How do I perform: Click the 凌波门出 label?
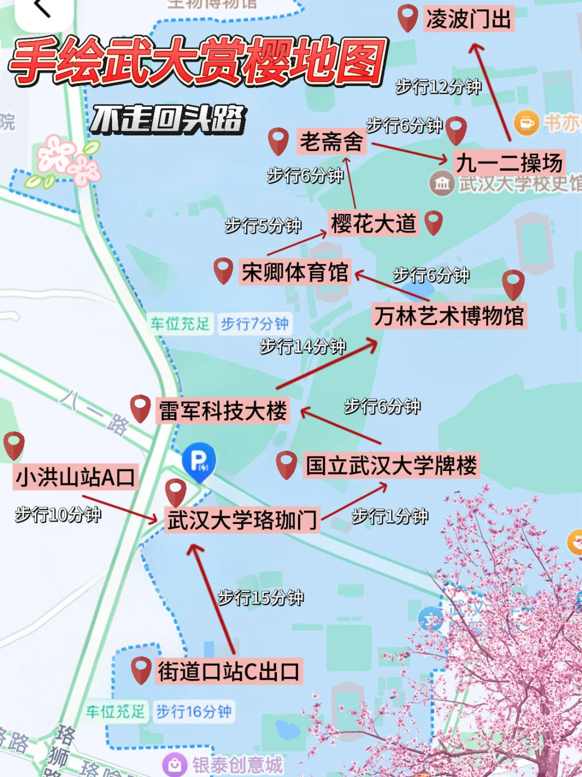[x=468, y=19]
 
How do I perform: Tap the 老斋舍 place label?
[x=331, y=142]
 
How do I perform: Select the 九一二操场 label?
[x=509, y=162]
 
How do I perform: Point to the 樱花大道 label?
[x=373, y=223]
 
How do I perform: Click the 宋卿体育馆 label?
[x=294, y=272]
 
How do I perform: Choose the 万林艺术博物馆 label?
[x=449, y=316]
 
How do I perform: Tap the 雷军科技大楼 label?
[x=223, y=411]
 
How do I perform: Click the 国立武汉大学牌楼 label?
[x=391, y=465]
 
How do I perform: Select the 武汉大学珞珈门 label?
[x=242, y=520]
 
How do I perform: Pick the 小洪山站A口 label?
[x=75, y=477]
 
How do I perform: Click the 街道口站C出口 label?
[x=228, y=672]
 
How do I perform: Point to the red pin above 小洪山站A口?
[x=14, y=445]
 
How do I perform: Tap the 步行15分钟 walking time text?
[x=261, y=597]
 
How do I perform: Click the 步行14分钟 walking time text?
[x=303, y=346]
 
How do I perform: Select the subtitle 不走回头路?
[x=168, y=119]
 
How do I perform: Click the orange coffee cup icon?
[x=526, y=123]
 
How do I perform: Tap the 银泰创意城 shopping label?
[x=237, y=765]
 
